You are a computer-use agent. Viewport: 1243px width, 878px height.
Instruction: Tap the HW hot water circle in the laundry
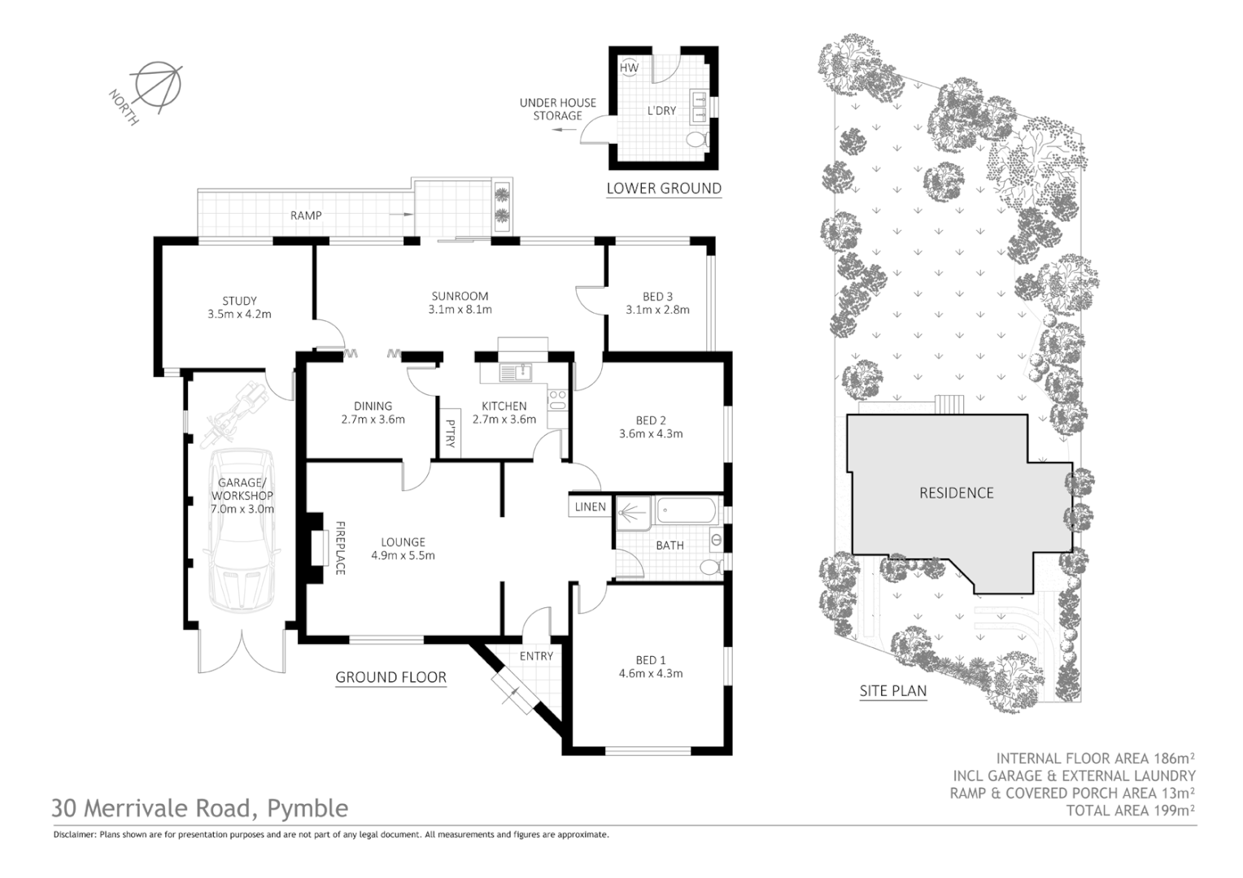[x=630, y=68]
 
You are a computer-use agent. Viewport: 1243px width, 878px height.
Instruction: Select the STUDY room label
[x=239, y=301]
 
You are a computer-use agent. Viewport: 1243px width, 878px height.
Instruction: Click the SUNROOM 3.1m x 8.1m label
[x=460, y=302]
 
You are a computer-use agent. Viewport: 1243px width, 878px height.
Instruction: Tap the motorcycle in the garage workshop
[x=237, y=414]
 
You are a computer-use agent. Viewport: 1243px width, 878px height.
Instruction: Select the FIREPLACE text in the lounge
[x=341, y=547]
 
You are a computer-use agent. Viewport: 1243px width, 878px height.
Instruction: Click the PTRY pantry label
[x=450, y=433]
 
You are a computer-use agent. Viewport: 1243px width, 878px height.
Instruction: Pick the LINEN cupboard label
[x=591, y=506]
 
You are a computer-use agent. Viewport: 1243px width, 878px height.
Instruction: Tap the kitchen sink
[x=514, y=373]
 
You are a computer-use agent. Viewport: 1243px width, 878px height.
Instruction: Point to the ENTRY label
[x=536, y=656]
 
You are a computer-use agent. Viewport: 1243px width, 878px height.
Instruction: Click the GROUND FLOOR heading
[x=390, y=677]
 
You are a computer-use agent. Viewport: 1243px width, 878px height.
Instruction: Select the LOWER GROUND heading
[x=664, y=189]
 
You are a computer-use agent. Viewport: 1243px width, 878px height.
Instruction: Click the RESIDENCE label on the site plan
[x=956, y=493]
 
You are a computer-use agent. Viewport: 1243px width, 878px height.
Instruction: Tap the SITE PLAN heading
[x=893, y=691]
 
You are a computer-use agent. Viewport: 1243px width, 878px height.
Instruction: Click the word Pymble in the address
[x=307, y=808]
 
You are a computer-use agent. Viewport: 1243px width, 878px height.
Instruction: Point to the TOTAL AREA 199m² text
[x=1130, y=811]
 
